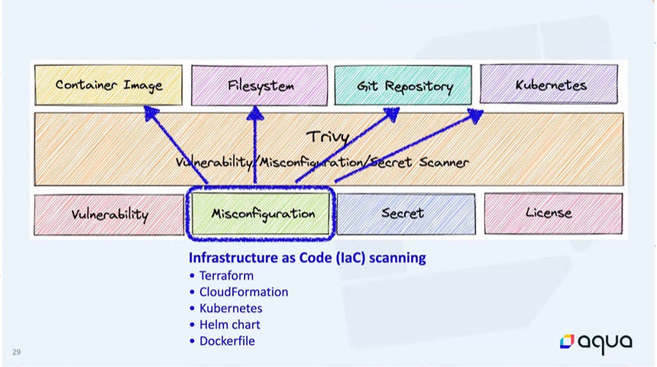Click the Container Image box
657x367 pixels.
(108, 85)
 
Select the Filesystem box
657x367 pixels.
(260, 85)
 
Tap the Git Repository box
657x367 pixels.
(403, 85)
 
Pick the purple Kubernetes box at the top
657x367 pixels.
(549, 84)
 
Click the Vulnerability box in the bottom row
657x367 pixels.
(109, 214)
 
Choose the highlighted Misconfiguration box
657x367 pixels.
(261, 213)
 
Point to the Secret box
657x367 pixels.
(406, 213)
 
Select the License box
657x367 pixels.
(554, 213)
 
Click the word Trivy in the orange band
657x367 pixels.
(328, 137)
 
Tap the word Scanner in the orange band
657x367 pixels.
(444, 162)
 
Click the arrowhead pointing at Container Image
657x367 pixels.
(150, 112)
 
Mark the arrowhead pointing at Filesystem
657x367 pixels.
(255, 113)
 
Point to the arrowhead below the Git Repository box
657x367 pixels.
(392, 114)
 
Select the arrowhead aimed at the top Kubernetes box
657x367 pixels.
(476, 115)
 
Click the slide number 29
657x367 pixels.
(16, 352)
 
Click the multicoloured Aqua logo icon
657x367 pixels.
(567, 342)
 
